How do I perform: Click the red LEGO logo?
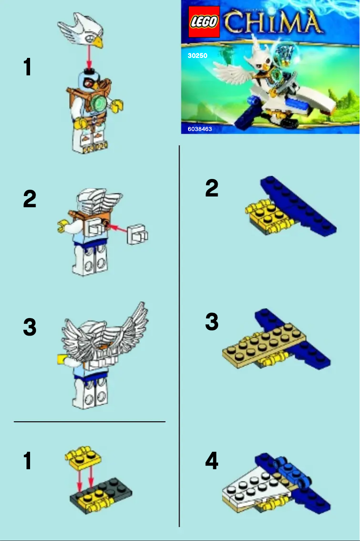pos(203,22)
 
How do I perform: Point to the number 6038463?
pos(200,129)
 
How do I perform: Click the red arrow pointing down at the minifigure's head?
pos(90,58)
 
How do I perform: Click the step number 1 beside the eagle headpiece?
pos(28,68)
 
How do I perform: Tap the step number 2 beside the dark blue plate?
pos(211,188)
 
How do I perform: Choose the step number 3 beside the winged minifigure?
pos(30,327)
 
